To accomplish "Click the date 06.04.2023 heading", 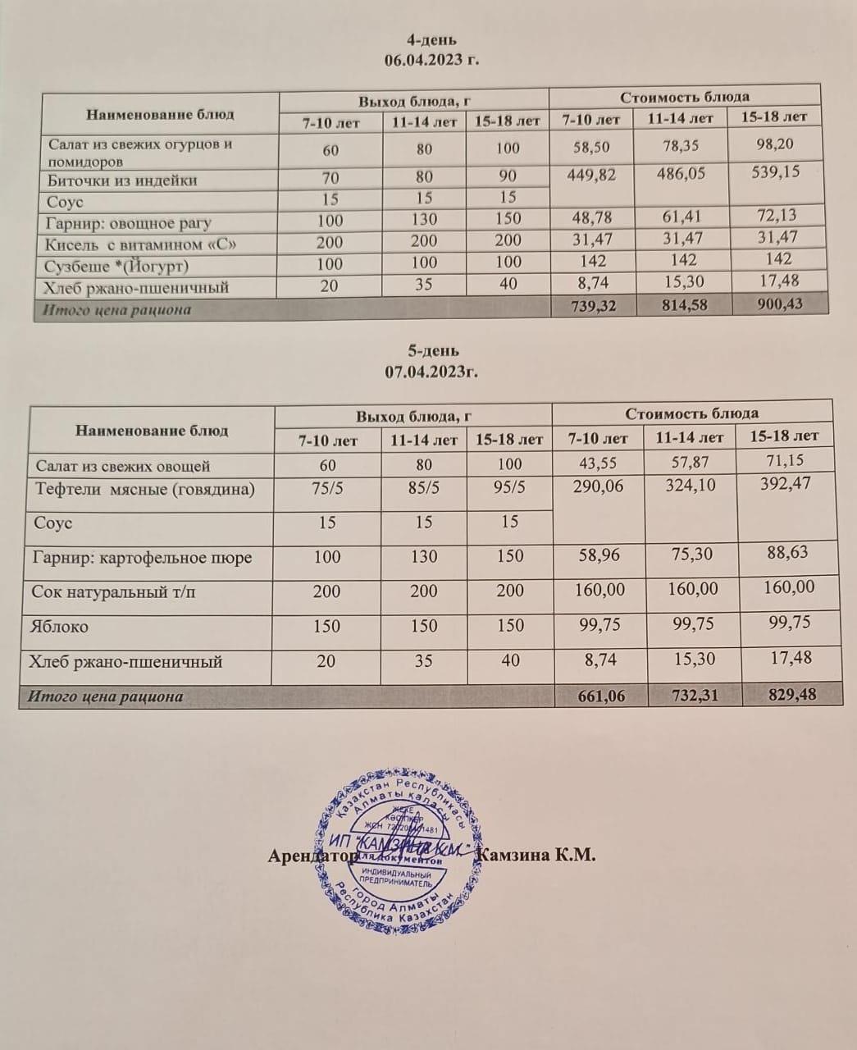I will point(431,59).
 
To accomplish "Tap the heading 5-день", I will point(432,351).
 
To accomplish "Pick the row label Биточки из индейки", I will point(122,180).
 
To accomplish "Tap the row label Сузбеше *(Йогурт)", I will point(118,265).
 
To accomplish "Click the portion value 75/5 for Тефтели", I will point(327,488).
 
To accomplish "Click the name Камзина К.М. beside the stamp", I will point(536,855).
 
